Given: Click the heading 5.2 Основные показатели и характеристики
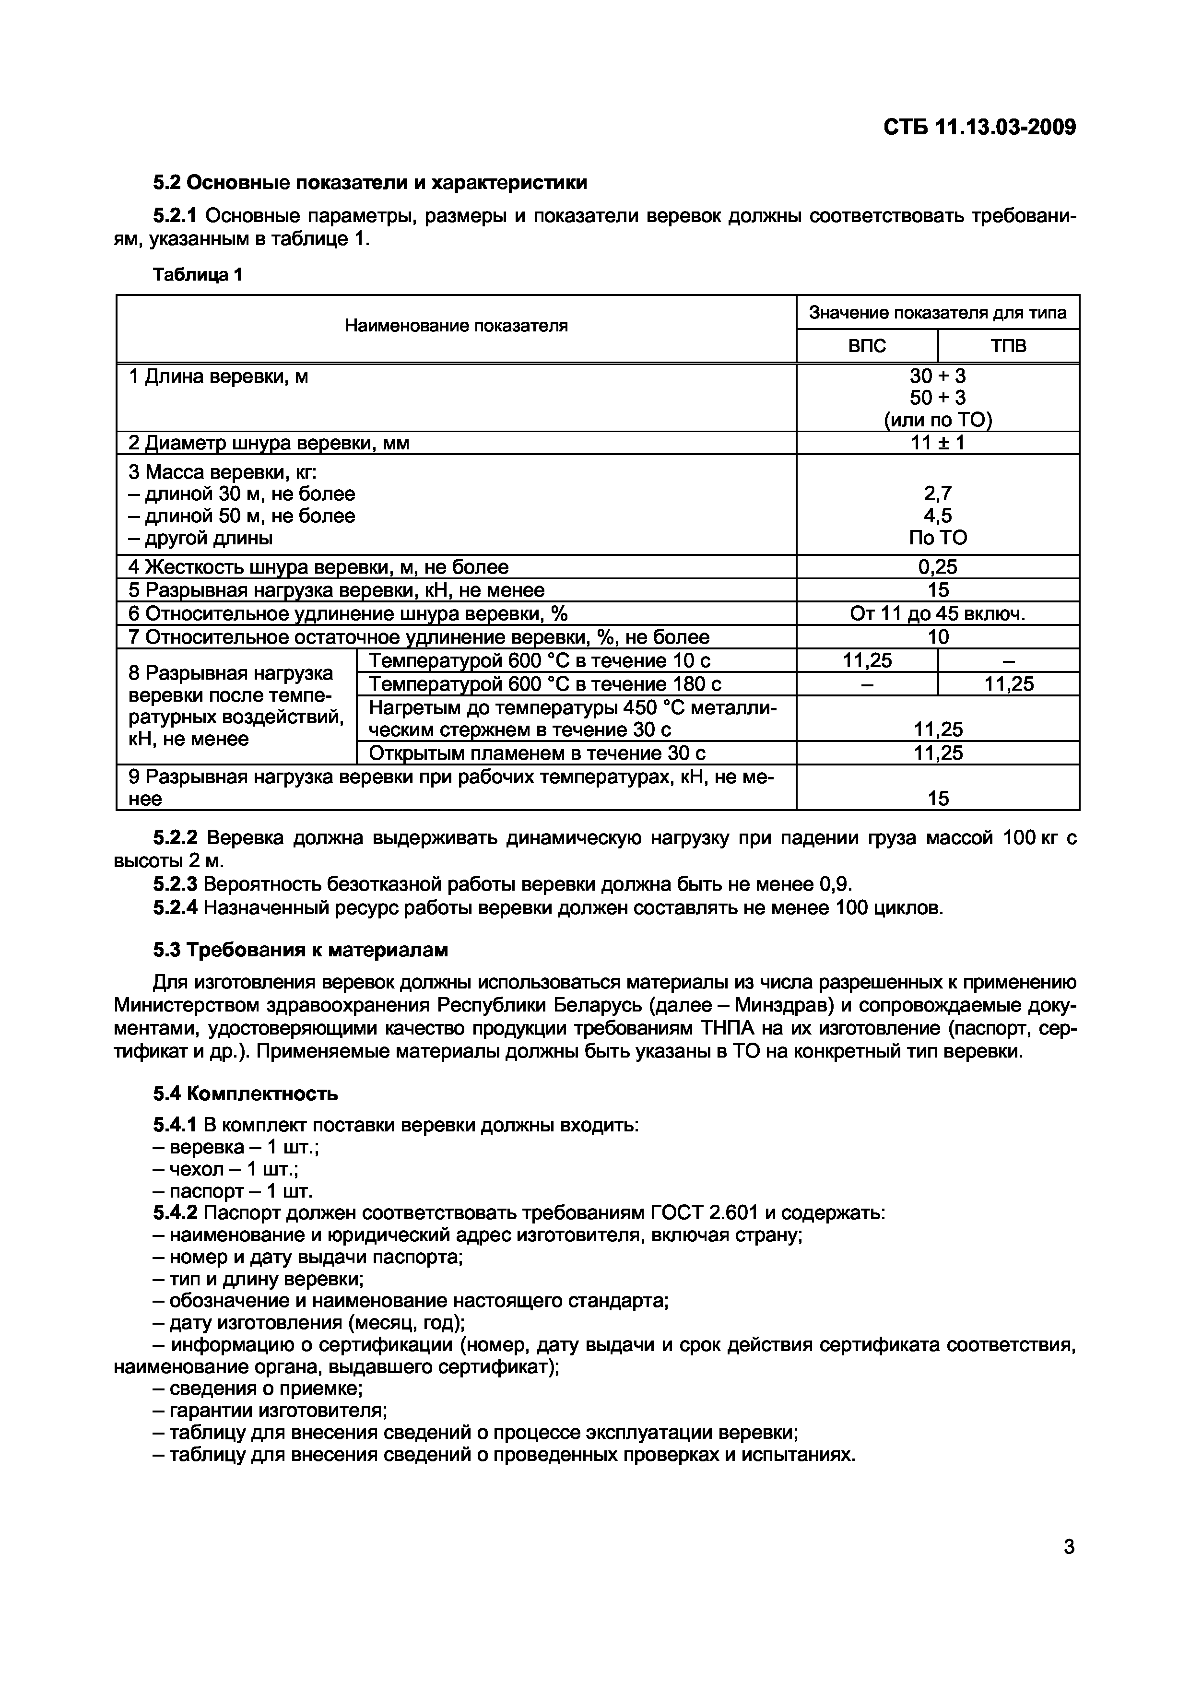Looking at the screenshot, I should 369,182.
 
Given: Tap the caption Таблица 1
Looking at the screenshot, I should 197,275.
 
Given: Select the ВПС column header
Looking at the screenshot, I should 867,346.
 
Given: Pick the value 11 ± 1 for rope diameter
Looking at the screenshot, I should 937,443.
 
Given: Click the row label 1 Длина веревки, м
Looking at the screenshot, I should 218,376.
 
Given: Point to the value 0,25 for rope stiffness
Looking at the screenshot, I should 937,567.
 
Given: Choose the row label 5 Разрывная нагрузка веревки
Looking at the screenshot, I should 336,590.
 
